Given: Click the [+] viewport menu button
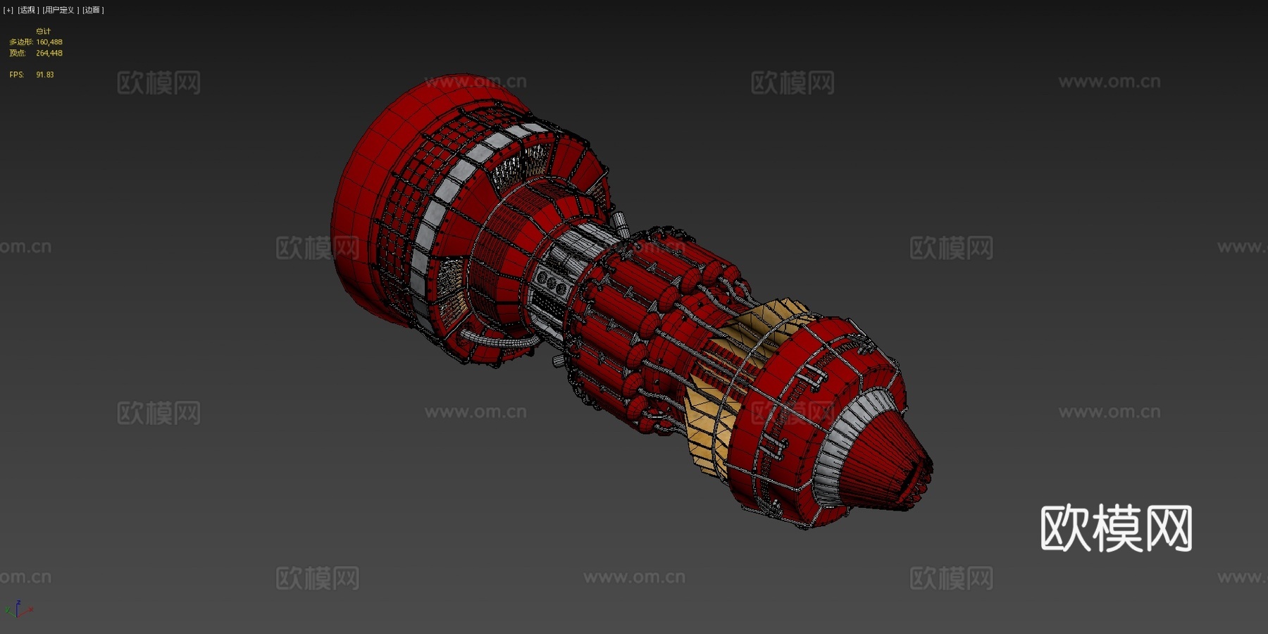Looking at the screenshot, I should pos(8,10).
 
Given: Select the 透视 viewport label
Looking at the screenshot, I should pos(27,10).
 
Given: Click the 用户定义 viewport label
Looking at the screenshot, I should pos(60,10).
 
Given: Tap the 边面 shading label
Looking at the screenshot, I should pos(92,10).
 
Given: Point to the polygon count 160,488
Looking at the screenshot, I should pos(49,42).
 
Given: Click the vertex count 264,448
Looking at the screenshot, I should pos(49,53).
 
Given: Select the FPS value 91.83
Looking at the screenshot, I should pos(44,75).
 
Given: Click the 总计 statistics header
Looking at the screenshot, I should pos(43,31).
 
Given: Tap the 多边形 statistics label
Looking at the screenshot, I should pos(20,42).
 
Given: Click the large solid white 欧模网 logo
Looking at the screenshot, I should pos(1116,528).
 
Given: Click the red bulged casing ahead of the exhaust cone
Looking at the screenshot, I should pos(796,416).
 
